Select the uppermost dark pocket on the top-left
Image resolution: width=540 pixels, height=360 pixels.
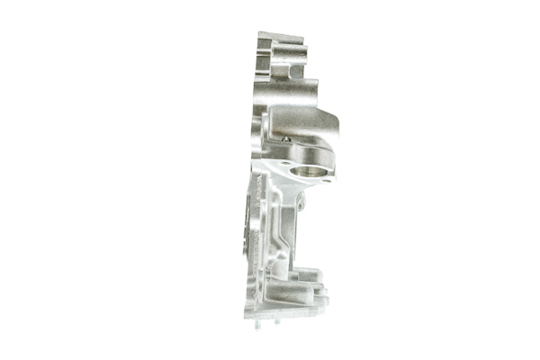(x=265, y=45)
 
